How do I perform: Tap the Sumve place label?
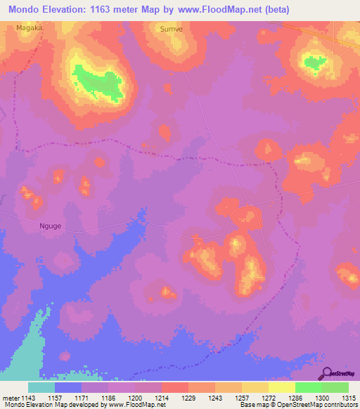tap(172, 31)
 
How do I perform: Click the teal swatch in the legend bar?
tap(41, 387)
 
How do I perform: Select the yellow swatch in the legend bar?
tap(282, 387)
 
